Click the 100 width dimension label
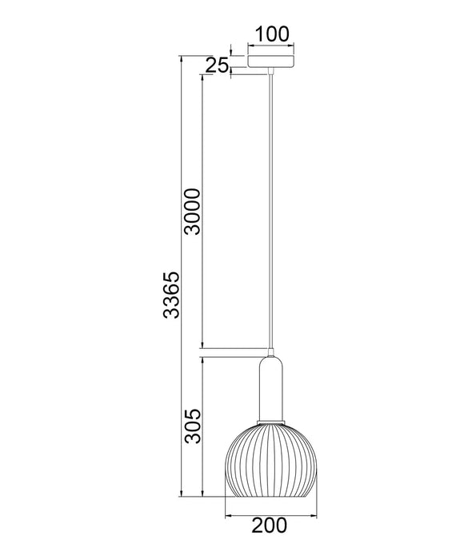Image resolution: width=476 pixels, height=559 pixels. [x=271, y=34]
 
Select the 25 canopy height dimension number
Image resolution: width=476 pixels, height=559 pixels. [x=217, y=66]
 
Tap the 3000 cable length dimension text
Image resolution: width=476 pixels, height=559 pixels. [x=192, y=212]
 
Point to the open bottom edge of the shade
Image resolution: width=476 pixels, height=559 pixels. [x=272, y=496]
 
